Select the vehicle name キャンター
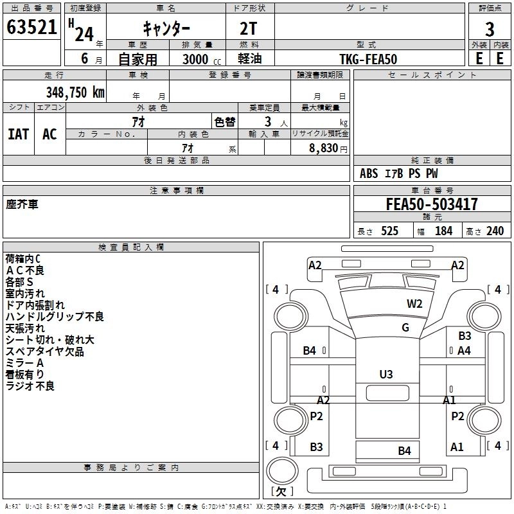click(x=165, y=28)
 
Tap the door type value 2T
click(x=249, y=28)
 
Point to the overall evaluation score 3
click(x=490, y=29)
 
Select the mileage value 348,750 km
click(x=76, y=92)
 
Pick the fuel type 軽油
click(x=249, y=58)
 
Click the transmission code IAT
click(x=18, y=134)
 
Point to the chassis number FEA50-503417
click(x=432, y=204)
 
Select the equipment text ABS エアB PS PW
click(x=399, y=173)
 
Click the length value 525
click(x=389, y=231)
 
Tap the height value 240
click(x=495, y=231)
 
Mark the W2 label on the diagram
click(x=414, y=304)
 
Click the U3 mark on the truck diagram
click(x=385, y=374)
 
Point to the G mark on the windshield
click(x=405, y=328)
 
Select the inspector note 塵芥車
click(x=22, y=204)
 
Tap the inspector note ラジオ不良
click(x=30, y=386)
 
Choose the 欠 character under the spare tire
click(x=281, y=491)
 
